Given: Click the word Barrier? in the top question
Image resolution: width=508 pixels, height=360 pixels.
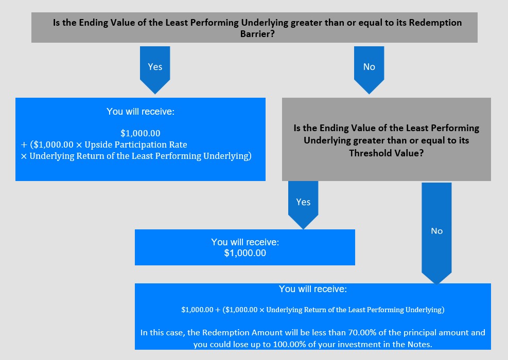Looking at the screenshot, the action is pos(257,33).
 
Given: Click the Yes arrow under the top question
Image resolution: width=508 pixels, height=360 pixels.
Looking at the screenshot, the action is pos(155,70).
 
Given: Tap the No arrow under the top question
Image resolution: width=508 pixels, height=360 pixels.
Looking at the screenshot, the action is pos(369,70).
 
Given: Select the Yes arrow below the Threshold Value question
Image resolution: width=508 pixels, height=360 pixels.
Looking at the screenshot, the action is pos(303,205).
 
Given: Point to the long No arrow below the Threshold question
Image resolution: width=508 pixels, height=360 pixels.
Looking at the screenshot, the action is pos(436,233).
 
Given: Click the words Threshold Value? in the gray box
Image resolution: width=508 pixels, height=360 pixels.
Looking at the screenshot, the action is pos(386,153).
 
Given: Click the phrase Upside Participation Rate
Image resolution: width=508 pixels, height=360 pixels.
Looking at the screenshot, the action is pos(136,145).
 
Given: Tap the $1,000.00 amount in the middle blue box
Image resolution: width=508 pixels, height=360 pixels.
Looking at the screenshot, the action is pos(245,253).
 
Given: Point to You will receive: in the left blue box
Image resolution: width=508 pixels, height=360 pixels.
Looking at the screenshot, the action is pos(141,112).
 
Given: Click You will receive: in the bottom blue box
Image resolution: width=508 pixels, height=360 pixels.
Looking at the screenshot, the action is pos(312,289).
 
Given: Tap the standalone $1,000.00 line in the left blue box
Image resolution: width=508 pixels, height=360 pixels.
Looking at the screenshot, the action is pos(141,133).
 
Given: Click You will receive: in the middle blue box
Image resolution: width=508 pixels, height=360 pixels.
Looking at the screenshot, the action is pos(245,242).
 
